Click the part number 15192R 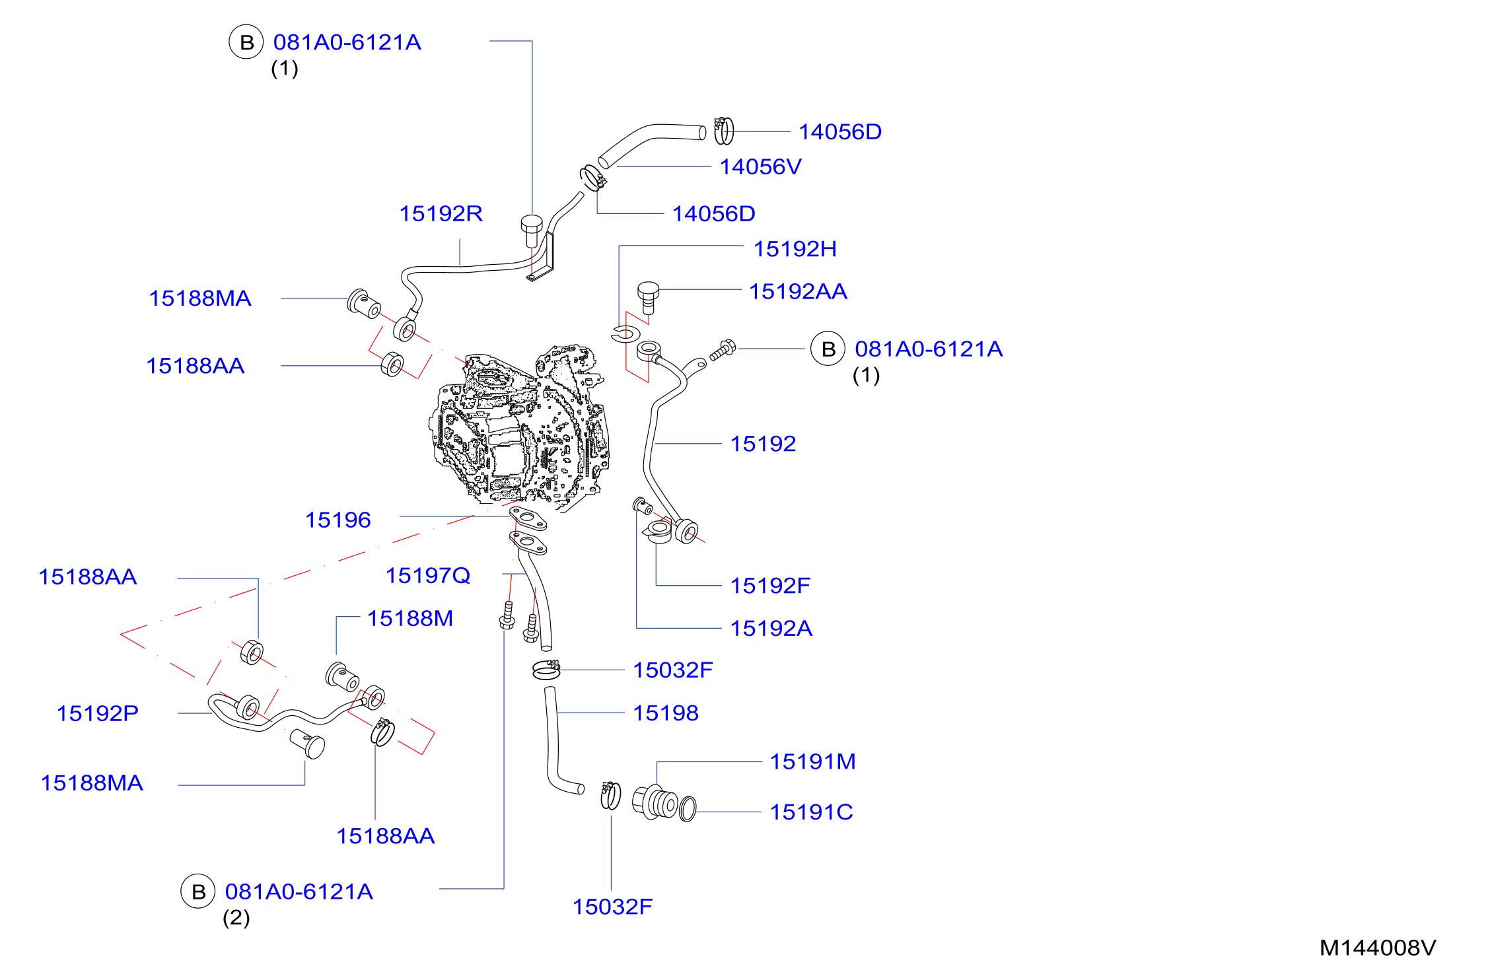point(441,213)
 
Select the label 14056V point(760,166)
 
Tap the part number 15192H point(795,249)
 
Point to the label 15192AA point(798,291)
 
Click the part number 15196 point(338,520)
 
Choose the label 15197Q point(428,576)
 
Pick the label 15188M point(410,618)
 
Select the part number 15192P point(98,713)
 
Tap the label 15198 point(666,713)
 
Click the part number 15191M point(812,761)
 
